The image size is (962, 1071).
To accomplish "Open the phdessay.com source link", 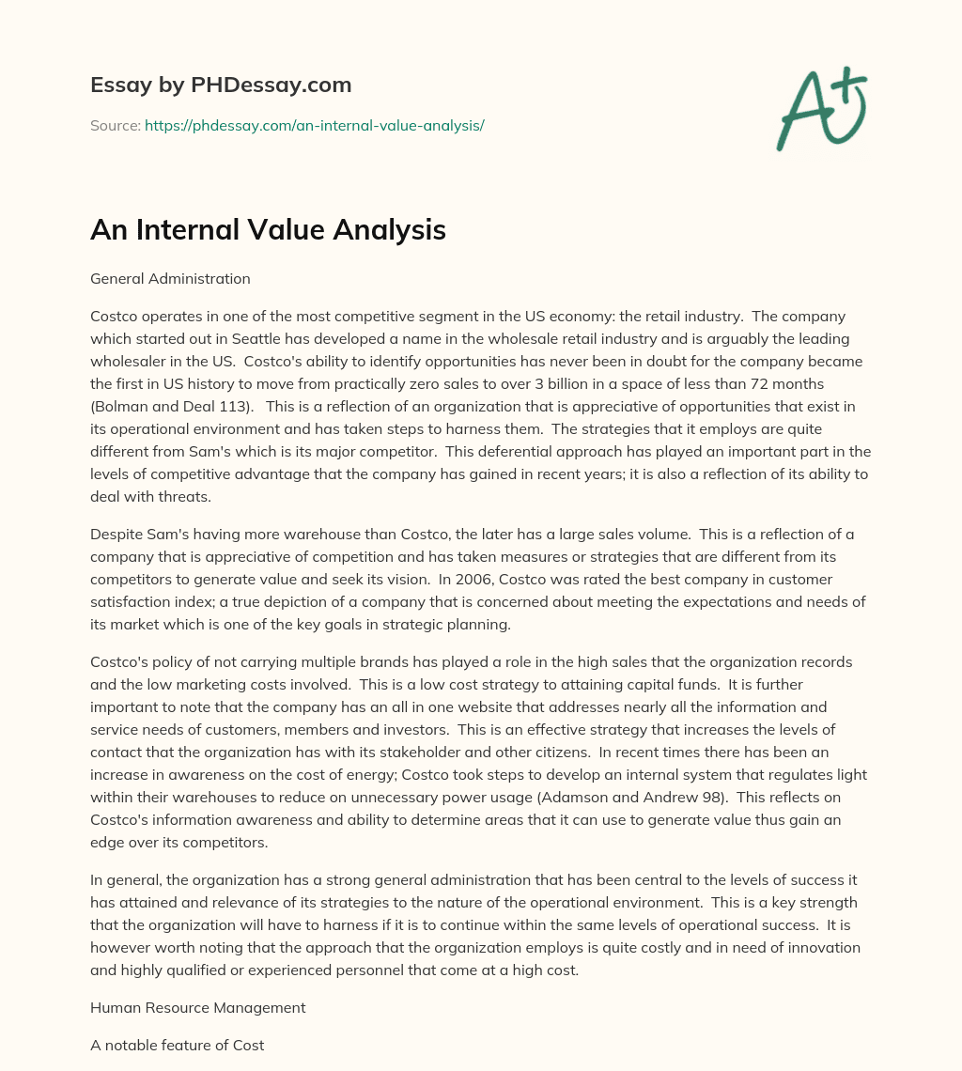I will click(x=314, y=124).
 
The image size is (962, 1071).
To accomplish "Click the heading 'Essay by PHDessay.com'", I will click(x=221, y=85).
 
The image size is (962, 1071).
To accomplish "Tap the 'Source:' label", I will click(x=115, y=124).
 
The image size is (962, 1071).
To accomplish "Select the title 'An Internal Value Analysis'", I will click(x=268, y=229).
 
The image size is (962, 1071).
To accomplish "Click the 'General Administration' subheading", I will click(x=170, y=278).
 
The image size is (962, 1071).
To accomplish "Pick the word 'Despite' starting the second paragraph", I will click(x=116, y=534).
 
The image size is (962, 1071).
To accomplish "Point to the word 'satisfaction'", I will click(x=133, y=601).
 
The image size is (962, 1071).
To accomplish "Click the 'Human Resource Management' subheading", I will click(x=197, y=1007).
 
